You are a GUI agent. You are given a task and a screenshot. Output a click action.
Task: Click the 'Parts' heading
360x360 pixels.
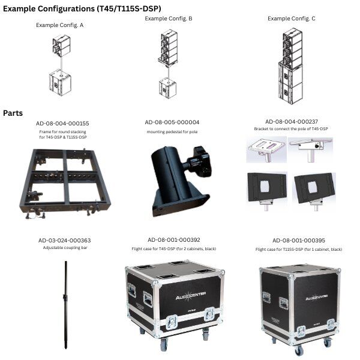point(13,113)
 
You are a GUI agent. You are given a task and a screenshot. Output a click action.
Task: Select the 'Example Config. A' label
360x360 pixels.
point(59,25)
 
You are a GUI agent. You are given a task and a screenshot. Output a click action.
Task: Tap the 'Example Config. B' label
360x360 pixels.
point(169,19)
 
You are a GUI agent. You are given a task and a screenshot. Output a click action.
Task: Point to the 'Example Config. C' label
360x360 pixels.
point(292,19)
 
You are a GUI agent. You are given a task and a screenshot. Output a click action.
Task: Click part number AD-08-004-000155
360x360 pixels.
point(62,124)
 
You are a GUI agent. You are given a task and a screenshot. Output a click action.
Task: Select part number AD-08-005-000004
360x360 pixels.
point(172,122)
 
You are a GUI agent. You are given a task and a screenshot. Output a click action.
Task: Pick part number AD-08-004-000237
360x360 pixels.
point(292,121)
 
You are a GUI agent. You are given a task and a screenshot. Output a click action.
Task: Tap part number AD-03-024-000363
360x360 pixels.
point(65,241)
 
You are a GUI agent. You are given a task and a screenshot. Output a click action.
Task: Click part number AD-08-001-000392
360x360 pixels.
point(174,240)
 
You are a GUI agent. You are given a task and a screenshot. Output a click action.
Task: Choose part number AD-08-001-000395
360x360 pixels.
point(299,241)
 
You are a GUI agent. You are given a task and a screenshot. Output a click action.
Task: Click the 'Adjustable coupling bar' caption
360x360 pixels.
point(65,247)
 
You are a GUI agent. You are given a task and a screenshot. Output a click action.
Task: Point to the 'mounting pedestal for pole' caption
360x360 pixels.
point(172,132)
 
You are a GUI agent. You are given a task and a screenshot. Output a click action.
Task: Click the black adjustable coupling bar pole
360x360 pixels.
point(66,305)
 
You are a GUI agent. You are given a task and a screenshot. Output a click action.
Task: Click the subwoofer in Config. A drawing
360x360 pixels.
point(60,83)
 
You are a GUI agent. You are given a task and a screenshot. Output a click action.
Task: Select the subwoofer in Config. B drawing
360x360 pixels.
point(168,88)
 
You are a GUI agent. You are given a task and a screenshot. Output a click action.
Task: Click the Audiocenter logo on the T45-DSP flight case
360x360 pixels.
point(191,296)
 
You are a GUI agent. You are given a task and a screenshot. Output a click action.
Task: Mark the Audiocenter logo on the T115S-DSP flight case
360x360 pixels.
point(317,297)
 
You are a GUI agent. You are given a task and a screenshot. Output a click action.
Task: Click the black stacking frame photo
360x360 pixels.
point(65,183)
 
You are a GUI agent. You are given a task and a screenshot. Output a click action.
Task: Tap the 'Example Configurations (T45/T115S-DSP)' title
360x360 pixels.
point(82,9)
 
